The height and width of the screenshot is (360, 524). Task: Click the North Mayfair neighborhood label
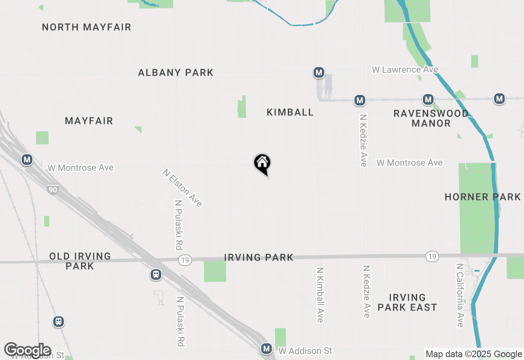tap(87, 27)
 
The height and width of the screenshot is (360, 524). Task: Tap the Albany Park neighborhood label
tap(176, 73)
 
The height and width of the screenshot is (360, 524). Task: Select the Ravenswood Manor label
tap(431, 118)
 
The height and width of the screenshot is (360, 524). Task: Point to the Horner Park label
tap(483, 197)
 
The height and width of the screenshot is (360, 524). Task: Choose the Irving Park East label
tap(407, 302)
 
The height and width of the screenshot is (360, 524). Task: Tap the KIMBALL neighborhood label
tap(290, 112)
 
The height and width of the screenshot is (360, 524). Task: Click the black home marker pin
tap(262, 163)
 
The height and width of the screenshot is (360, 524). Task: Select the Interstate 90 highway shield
tap(52, 190)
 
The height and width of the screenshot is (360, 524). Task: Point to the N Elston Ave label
tap(183, 188)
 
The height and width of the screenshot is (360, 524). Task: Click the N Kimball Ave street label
tap(320, 295)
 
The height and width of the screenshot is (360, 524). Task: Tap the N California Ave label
tap(461, 295)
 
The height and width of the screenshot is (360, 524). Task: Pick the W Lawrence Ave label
tap(405, 70)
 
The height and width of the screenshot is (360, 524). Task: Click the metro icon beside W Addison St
tap(267, 349)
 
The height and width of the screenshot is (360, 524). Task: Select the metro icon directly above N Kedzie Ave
tap(360, 100)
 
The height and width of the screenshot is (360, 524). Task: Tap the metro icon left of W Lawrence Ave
tap(318, 73)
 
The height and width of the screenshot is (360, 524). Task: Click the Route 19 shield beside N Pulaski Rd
tap(185, 260)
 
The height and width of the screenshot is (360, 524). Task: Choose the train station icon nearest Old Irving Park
tap(156, 274)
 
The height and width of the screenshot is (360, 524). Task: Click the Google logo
tap(27, 350)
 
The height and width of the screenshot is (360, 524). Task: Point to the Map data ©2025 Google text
tap(474, 354)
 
